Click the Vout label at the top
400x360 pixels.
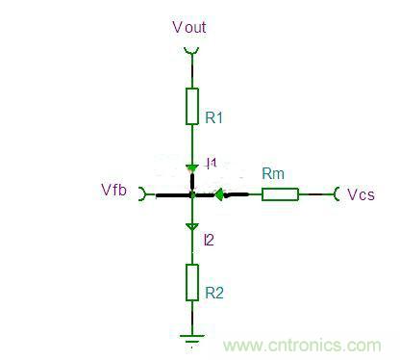pyautogui.click(x=188, y=27)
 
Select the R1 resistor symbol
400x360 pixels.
pyautogui.click(x=192, y=106)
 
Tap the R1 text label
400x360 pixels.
pyautogui.click(x=213, y=117)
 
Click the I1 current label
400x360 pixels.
pyautogui.click(x=212, y=164)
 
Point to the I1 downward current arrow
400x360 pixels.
pyautogui.click(x=192, y=167)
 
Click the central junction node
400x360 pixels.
pyautogui.click(x=192, y=194)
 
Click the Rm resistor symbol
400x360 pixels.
pyautogui.click(x=280, y=194)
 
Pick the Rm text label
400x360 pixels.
pyautogui.click(x=273, y=173)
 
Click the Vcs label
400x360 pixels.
pyautogui.click(x=362, y=194)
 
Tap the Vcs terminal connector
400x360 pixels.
pyautogui.click(x=337, y=194)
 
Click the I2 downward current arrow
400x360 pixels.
pyautogui.click(x=192, y=228)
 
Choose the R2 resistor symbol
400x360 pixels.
pyautogui.click(x=192, y=283)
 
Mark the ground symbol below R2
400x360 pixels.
pyautogui.click(x=192, y=338)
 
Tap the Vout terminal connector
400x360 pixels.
pyautogui.click(x=192, y=51)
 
